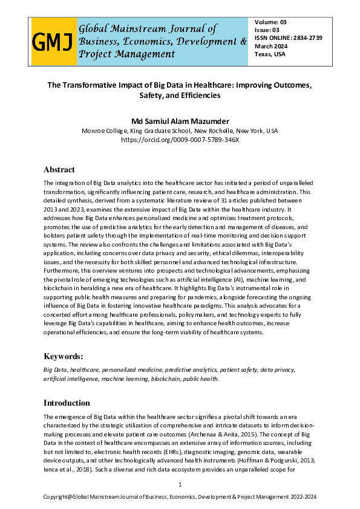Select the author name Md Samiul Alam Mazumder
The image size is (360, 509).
click(x=180, y=120)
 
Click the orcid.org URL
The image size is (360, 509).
click(x=180, y=140)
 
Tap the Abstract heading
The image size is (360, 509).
click(x=59, y=170)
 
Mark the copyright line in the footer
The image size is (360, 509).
click(x=180, y=497)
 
